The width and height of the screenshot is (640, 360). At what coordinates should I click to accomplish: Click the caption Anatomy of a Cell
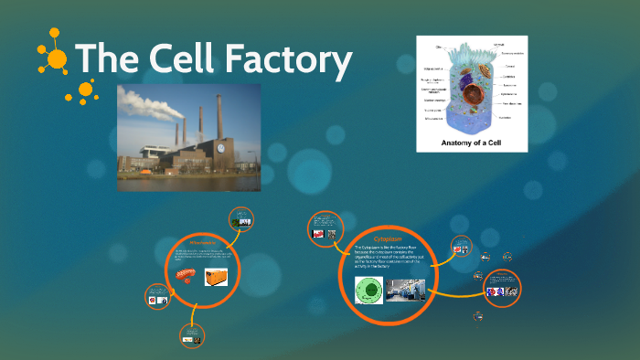pos(471,141)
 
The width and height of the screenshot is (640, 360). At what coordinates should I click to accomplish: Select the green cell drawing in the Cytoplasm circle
pos(368,290)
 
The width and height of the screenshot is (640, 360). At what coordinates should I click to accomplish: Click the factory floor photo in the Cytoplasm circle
pos(405,290)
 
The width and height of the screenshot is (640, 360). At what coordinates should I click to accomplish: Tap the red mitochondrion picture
pos(186,274)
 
